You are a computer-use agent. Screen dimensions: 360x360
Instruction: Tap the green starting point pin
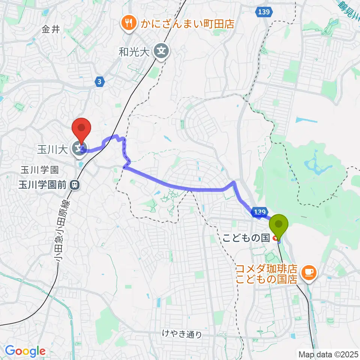[279, 224]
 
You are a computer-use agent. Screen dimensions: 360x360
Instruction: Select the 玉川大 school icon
[79, 149]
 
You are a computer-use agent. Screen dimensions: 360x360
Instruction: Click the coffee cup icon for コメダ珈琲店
[309, 272]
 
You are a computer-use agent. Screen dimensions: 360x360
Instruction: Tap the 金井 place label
[51, 30]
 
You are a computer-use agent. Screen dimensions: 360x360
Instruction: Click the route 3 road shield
[99, 82]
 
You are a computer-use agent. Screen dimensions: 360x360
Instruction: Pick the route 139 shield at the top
[263, 13]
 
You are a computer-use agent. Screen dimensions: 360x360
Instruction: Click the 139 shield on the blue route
[259, 212]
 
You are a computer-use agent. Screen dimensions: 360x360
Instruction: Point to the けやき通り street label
[182, 334]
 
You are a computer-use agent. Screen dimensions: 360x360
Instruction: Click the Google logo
[25, 351]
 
